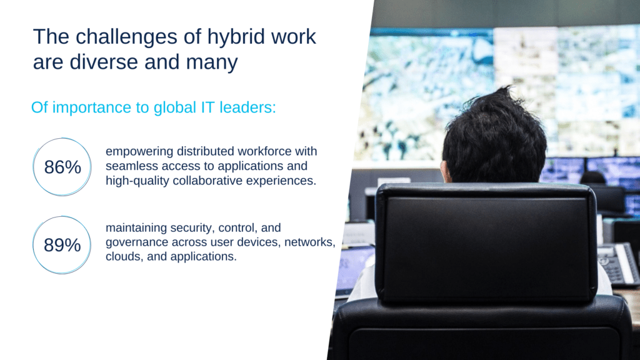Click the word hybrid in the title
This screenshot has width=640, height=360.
pyautogui.click(x=236, y=37)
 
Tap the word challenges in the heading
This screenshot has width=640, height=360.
pyautogui.click(x=126, y=37)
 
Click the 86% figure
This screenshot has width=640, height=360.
pyautogui.click(x=62, y=167)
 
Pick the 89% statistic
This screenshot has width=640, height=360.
pyautogui.click(x=62, y=245)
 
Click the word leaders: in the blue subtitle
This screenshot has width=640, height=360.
pyautogui.click(x=247, y=107)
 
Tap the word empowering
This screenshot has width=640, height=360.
pyautogui.click(x=139, y=152)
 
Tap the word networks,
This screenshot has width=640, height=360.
pyautogui.click(x=310, y=242)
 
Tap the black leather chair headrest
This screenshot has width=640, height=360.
pyautogui.click(x=486, y=243)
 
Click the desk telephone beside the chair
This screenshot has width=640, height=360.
pyautogui.click(x=618, y=264)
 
